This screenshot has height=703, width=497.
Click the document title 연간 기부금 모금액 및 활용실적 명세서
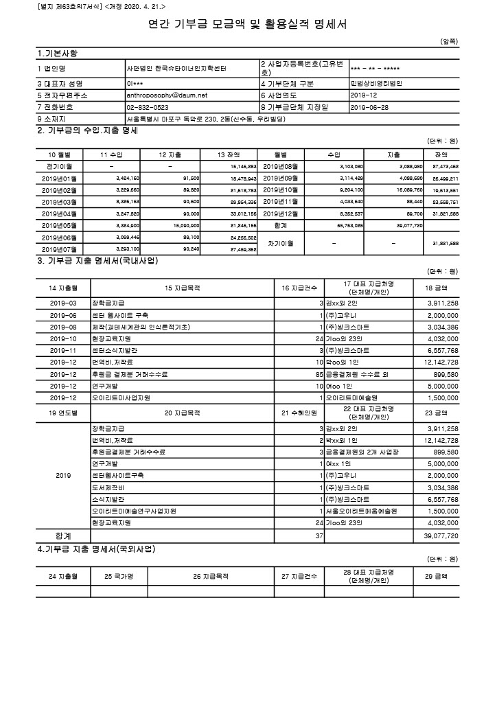point(248,25)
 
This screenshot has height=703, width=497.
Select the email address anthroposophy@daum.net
point(167,95)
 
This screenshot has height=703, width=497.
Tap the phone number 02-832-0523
point(148,107)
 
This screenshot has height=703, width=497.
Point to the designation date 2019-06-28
point(369,107)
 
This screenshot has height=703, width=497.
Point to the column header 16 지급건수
point(297,288)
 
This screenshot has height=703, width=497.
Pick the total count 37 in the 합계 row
point(319,534)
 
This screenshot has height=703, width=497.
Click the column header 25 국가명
point(117,576)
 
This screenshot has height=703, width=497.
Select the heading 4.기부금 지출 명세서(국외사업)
point(95,549)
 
